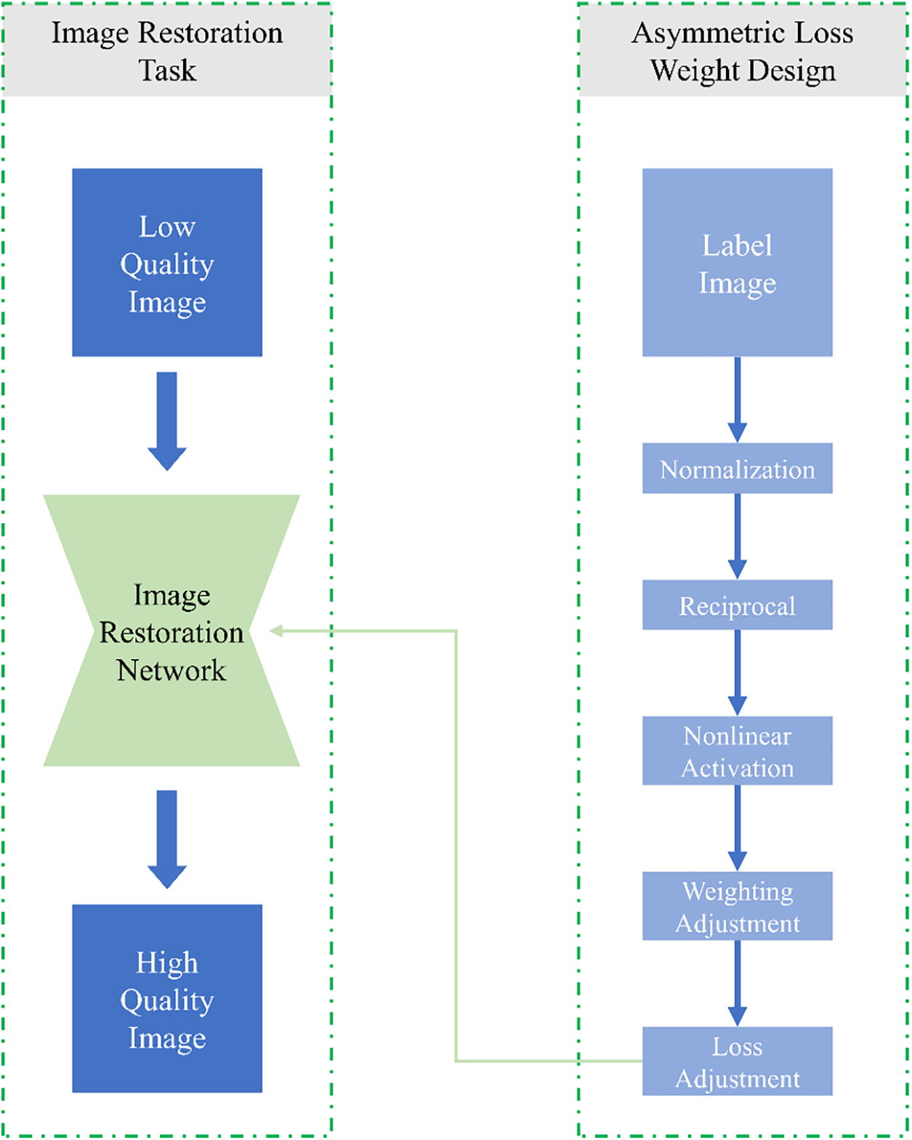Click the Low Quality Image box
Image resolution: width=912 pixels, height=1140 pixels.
pos(167,262)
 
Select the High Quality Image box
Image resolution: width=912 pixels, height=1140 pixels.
pos(167,998)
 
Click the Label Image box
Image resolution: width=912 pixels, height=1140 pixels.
pos(737,262)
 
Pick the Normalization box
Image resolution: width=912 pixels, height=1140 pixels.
pos(737,469)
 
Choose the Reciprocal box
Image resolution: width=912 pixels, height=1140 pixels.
pos(737,605)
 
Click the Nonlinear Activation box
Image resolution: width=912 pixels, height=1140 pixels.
pos(737,751)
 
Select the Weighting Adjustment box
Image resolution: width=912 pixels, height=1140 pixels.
pos(737,906)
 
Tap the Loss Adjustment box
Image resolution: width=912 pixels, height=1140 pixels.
pos(737,1061)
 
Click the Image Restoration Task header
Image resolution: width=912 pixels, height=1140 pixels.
pos(167,51)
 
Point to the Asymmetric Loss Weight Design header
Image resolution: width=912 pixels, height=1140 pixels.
pos(743,51)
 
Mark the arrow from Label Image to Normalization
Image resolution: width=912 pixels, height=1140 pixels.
pos(737,399)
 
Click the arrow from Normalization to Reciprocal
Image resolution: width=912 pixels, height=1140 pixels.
pos(737,535)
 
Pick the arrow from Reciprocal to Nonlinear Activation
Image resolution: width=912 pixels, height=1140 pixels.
pos(737,672)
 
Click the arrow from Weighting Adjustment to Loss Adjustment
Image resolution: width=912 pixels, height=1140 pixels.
pos(737,982)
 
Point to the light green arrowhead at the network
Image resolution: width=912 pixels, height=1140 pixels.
pos(276,631)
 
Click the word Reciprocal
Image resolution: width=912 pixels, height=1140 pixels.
pos(737,606)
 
